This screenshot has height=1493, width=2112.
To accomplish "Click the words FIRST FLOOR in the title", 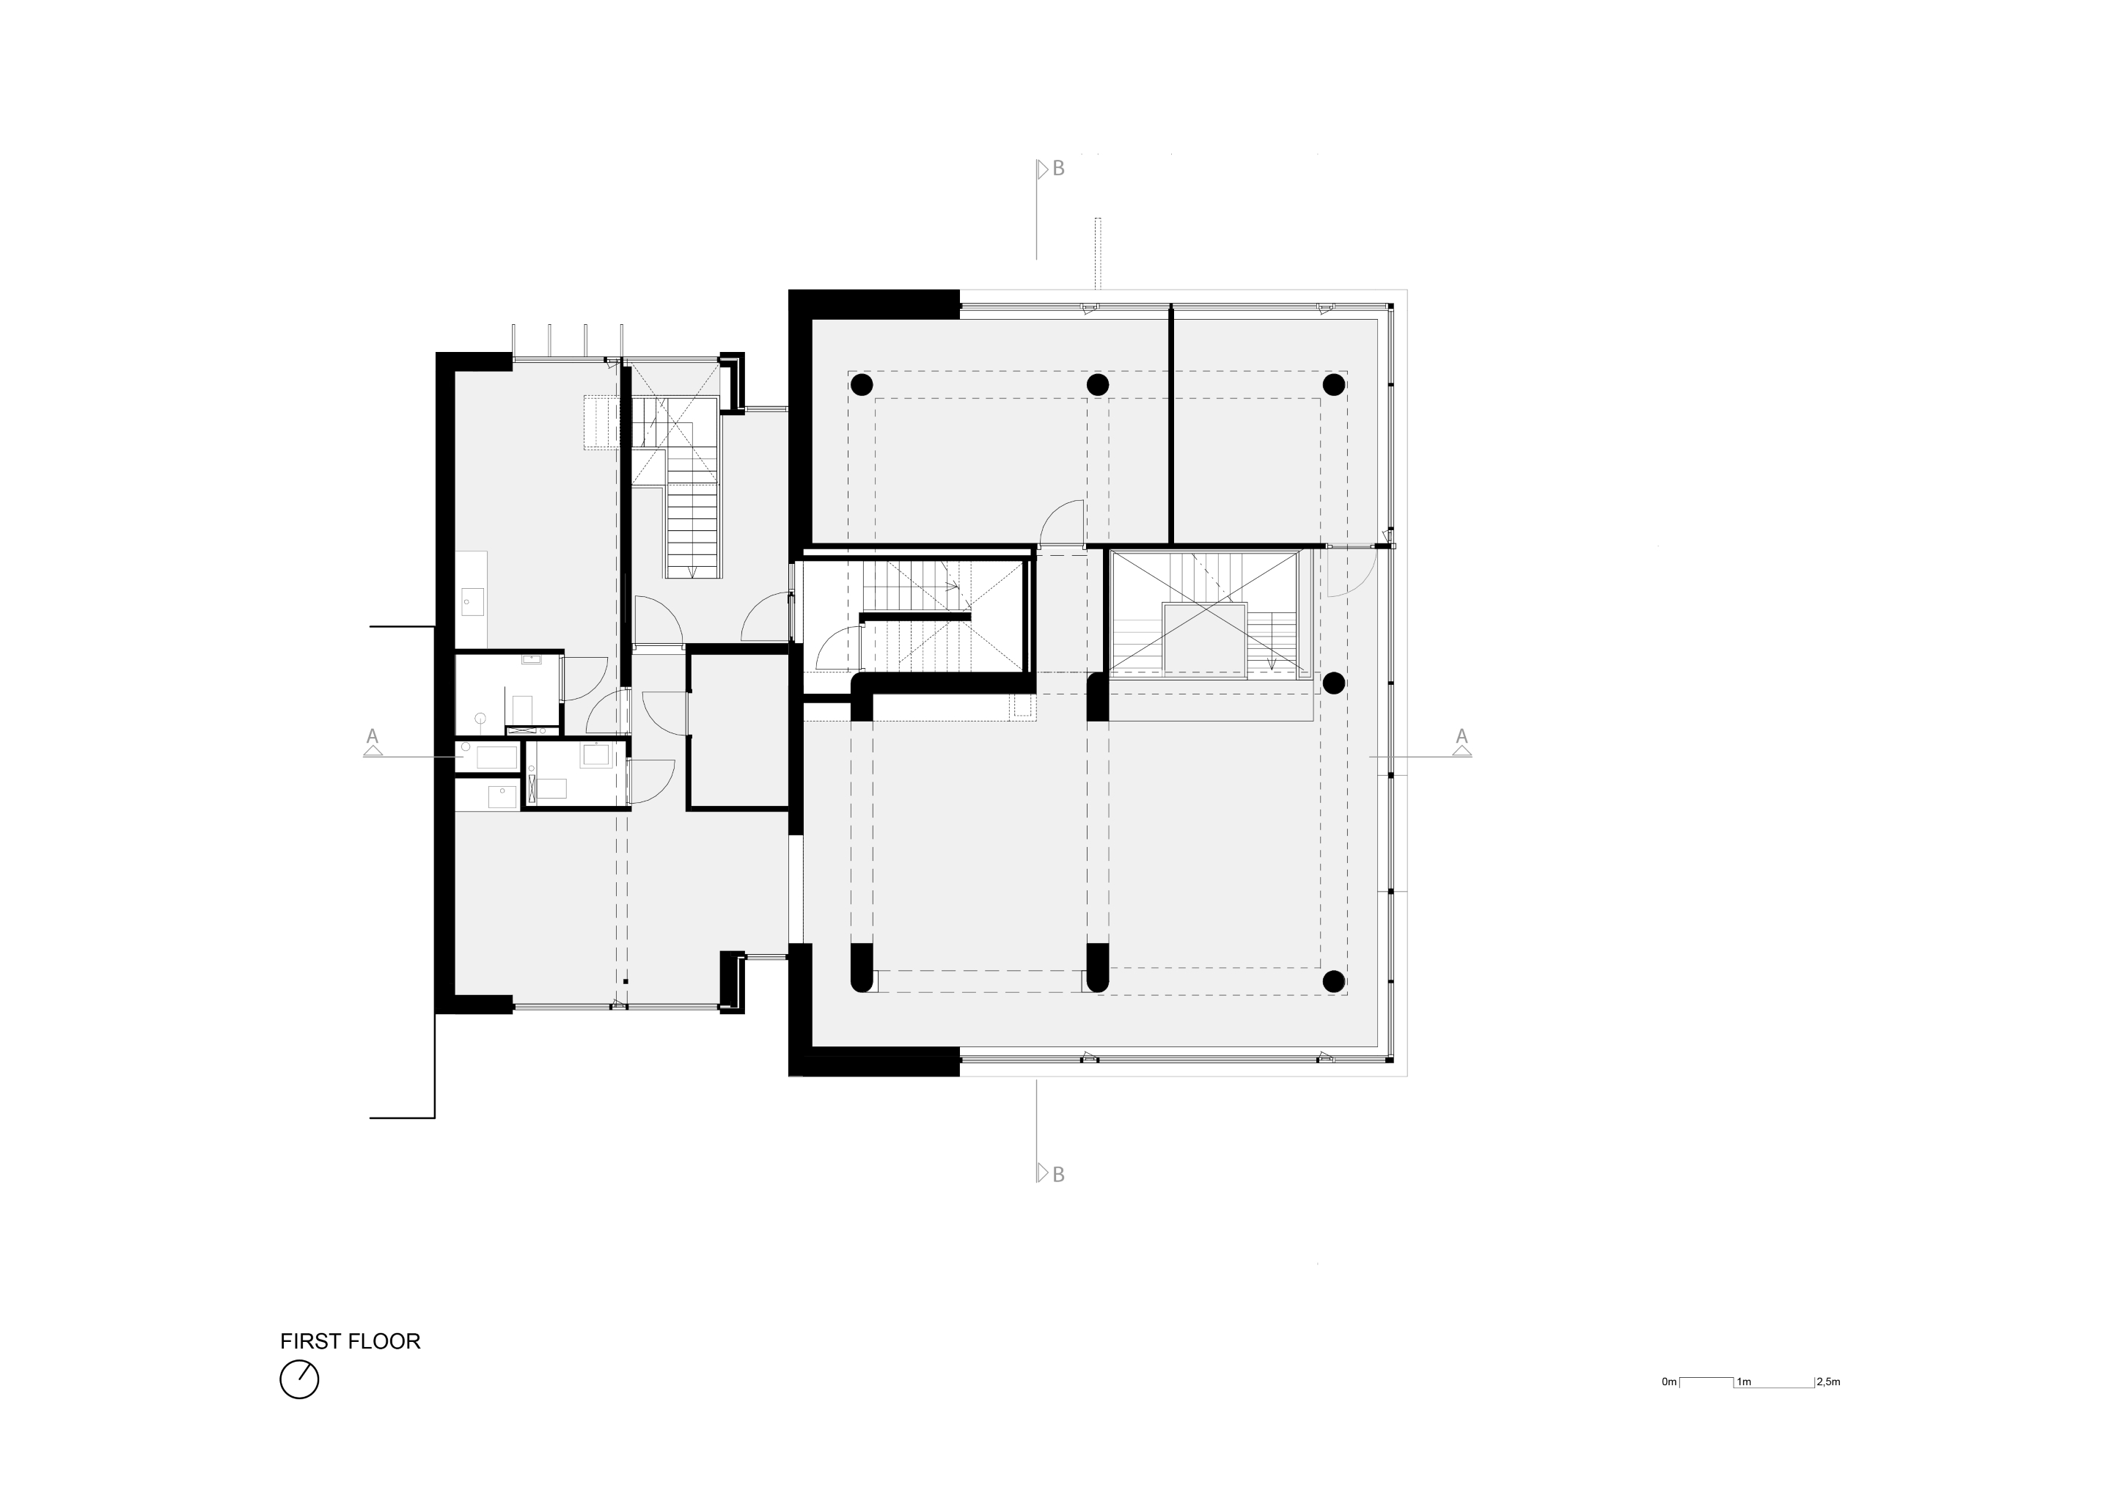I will [350, 1341].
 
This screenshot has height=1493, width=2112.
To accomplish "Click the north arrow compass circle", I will [299, 1380].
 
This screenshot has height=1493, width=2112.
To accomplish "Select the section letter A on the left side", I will [373, 736].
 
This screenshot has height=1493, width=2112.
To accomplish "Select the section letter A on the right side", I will [1462, 736].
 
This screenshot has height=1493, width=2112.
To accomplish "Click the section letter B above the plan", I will [1059, 169].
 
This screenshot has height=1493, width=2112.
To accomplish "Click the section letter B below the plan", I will [1059, 1175].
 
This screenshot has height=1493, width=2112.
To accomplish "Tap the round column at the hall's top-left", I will [861, 384].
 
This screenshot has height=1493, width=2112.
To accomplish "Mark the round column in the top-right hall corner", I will [1334, 384].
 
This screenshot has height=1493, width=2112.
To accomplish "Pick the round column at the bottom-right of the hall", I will [1334, 980].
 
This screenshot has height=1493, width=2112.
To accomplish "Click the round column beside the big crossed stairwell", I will [1334, 683].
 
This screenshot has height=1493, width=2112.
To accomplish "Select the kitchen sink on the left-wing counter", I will [473, 603].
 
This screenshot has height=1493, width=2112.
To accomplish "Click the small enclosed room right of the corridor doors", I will [738, 731].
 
